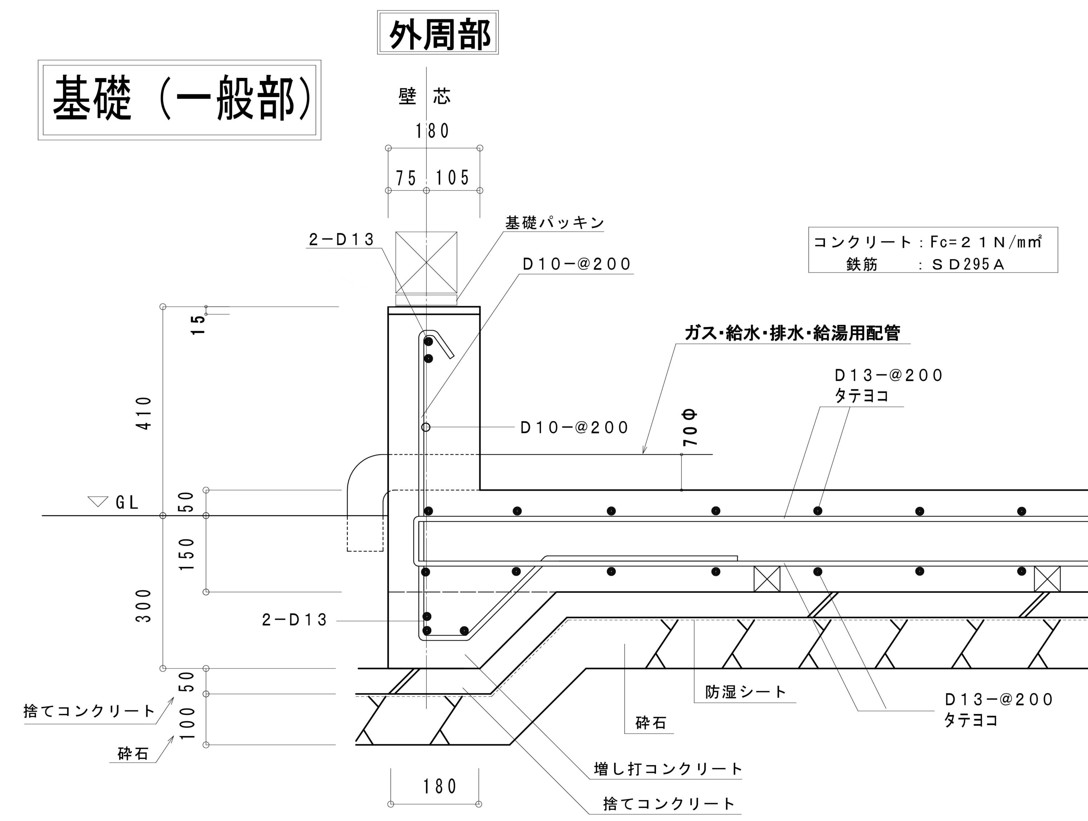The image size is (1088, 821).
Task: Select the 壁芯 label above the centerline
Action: [x=424, y=96]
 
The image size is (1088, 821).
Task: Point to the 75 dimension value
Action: [x=406, y=178]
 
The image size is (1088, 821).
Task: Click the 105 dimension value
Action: [x=452, y=178]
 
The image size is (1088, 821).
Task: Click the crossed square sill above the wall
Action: [x=426, y=262]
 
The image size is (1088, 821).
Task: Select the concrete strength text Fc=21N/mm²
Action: [x=986, y=242]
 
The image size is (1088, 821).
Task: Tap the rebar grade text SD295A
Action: [x=968, y=265]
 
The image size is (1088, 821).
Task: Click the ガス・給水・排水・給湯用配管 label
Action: [x=792, y=333]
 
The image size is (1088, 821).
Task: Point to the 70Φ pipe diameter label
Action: [x=690, y=428]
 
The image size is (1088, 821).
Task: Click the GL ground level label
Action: [x=127, y=502]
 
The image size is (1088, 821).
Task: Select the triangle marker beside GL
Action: [x=98, y=501]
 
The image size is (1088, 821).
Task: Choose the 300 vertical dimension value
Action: [x=144, y=606]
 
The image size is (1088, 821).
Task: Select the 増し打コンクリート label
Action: [x=667, y=769]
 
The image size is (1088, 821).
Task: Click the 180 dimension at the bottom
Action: [x=440, y=787]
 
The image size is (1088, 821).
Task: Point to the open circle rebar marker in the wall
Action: [x=426, y=427]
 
